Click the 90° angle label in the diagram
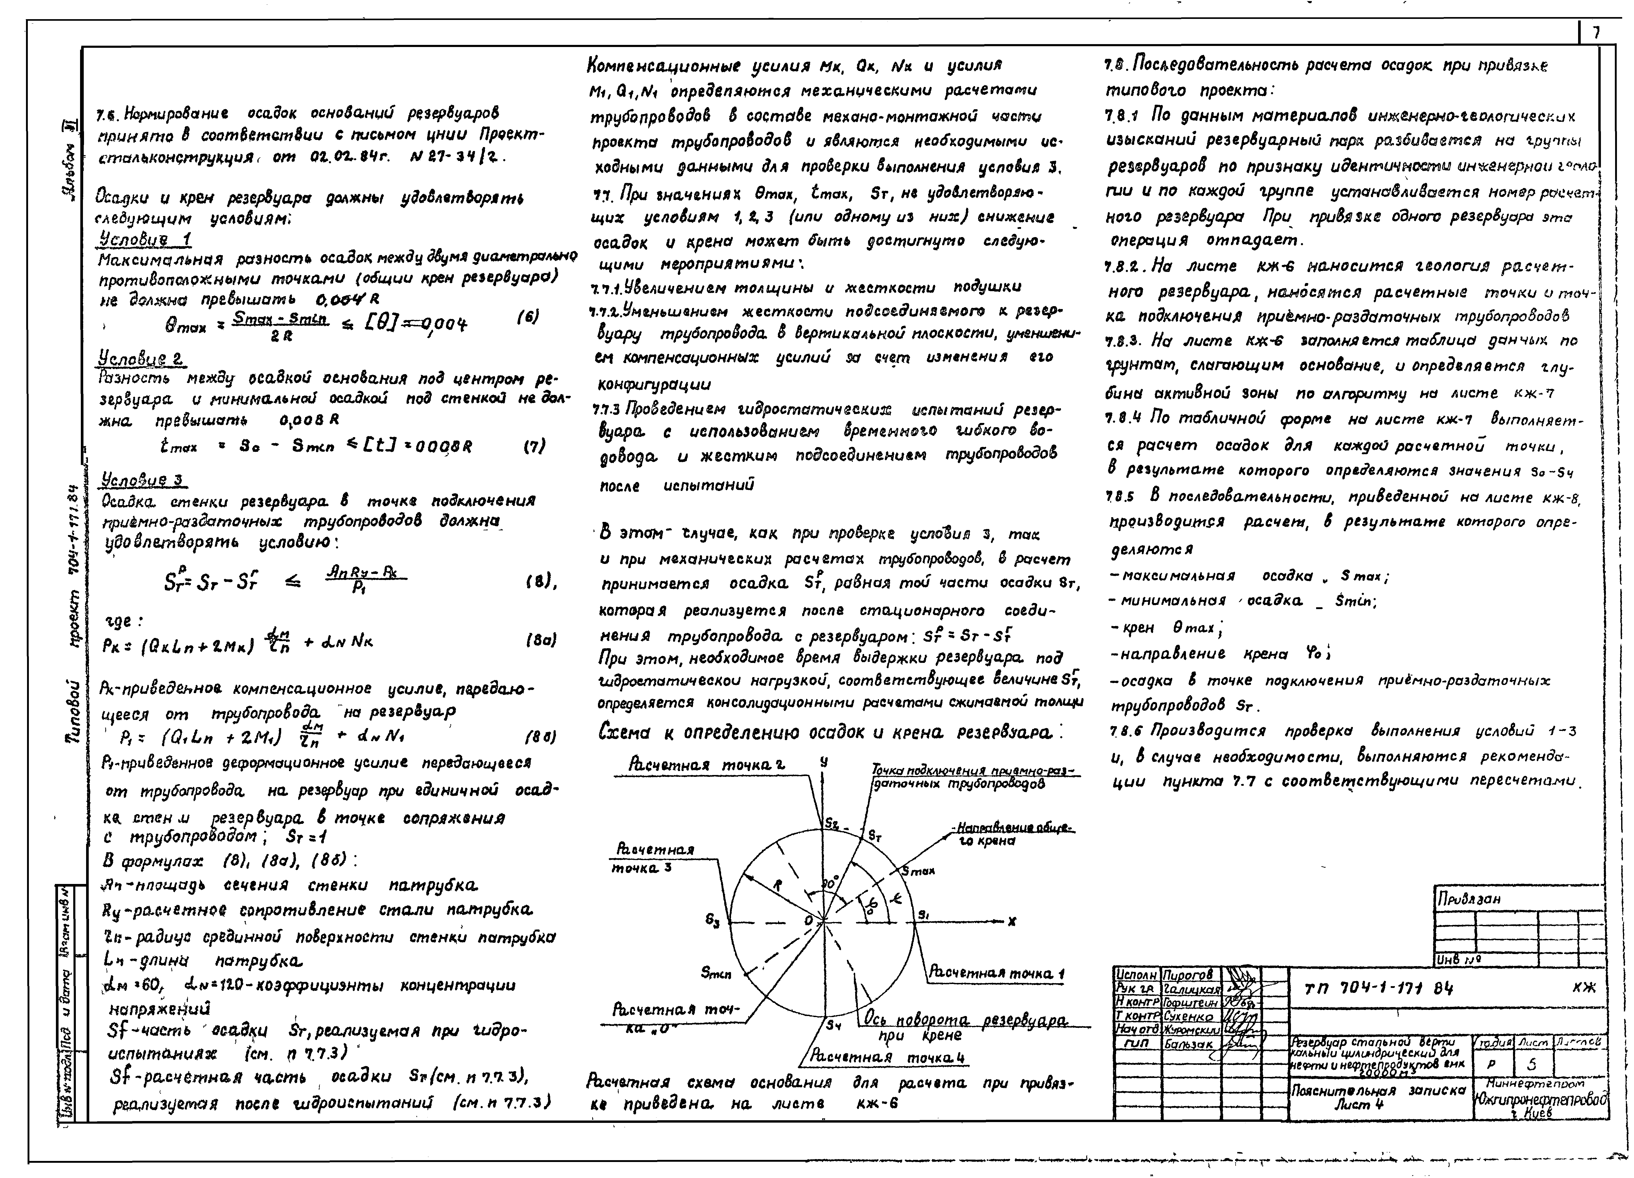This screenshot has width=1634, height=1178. [830, 882]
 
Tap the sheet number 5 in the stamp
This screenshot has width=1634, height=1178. [1531, 1064]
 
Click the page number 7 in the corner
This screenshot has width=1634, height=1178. [1596, 32]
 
